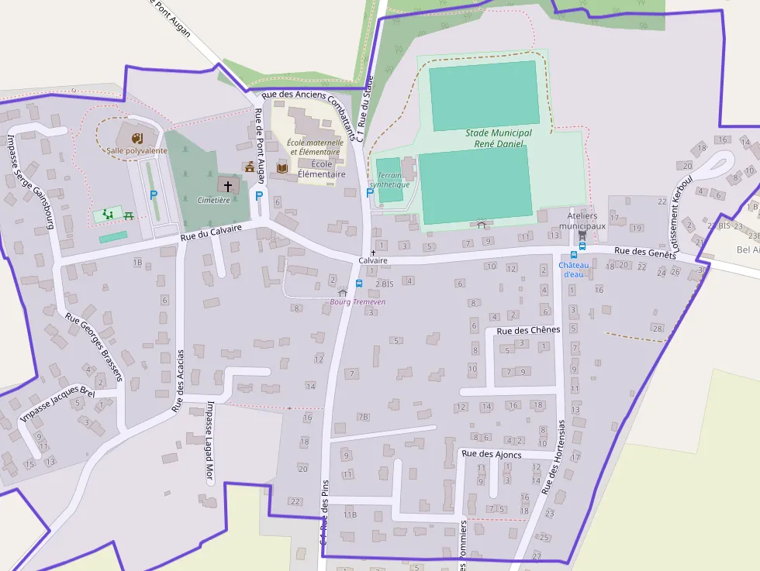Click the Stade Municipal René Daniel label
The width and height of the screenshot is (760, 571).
(x=499, y=139)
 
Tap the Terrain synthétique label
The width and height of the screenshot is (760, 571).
(x=389, y=180)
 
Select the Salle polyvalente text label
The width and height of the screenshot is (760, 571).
(x=136, y=150)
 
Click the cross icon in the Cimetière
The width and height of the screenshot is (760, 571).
(x=228, y=185)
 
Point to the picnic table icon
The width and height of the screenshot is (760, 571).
(x=129, y=215)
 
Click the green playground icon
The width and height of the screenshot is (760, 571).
(x=107, y=213)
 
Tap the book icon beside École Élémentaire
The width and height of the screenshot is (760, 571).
(x=282, y=167)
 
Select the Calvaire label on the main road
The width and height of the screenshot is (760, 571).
(x=373, y=261)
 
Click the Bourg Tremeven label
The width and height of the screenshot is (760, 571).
(x=358, y=301)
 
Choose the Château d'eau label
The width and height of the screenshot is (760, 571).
(x=572, y=270)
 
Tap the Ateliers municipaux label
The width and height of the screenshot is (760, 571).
(x=586, y=221)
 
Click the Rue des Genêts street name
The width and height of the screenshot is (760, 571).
(x=645, y=253)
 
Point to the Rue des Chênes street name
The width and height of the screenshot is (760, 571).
(x=527, y=331)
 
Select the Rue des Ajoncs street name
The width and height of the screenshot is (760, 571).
(x=491, y=454)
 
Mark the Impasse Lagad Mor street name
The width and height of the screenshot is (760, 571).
(x=209, y=442)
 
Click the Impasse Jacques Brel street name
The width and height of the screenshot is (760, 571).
(x=57, y=406)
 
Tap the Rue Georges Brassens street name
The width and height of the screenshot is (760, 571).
(x=94, y=347)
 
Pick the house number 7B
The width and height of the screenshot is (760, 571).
(x=363, y=417)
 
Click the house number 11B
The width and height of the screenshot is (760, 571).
(x=350, y=514)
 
